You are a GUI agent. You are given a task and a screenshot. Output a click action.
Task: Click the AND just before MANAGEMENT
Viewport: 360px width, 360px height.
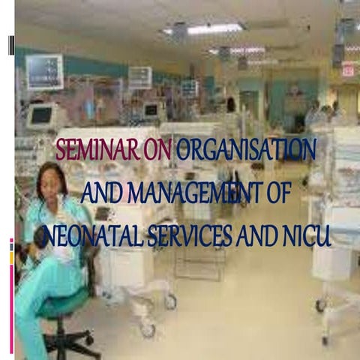100,195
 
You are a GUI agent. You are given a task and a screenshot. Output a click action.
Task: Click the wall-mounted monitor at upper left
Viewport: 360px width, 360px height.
44,71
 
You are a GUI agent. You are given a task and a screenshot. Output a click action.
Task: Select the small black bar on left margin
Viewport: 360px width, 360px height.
11,45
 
